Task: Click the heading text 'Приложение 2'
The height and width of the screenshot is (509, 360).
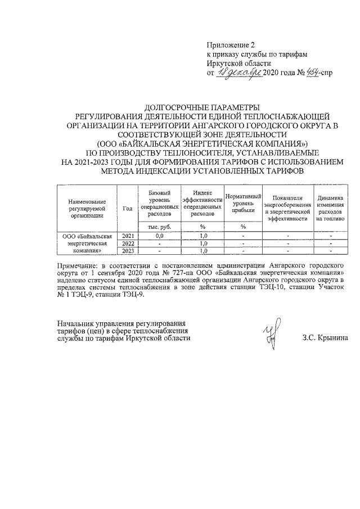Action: pyautogui.click(x=231, y=44)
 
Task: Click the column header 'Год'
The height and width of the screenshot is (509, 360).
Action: pyautogui.click(x=127, y=208)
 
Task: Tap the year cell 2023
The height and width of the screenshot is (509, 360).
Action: pyautogui.click(x=128, y=251)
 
